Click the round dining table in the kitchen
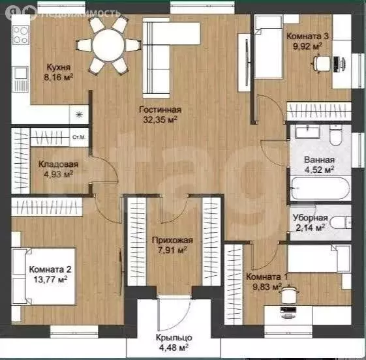[108, 45]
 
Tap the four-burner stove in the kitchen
[20, 35]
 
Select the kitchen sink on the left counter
[21, 80]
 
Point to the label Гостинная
[160, 110]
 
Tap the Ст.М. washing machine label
[79, 137]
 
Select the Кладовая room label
[58, 164]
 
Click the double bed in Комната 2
[44, 277]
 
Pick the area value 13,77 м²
[51, 279]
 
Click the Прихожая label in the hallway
[172, 240]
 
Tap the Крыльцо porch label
[174, 337]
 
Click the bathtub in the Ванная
[320, 188]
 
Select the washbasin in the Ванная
[307, 131]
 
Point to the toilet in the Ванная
[335, 135]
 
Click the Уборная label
[310, 218]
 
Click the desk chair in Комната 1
[289, 294]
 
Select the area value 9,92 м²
[308, 46]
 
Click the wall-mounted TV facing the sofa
[247, 63]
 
